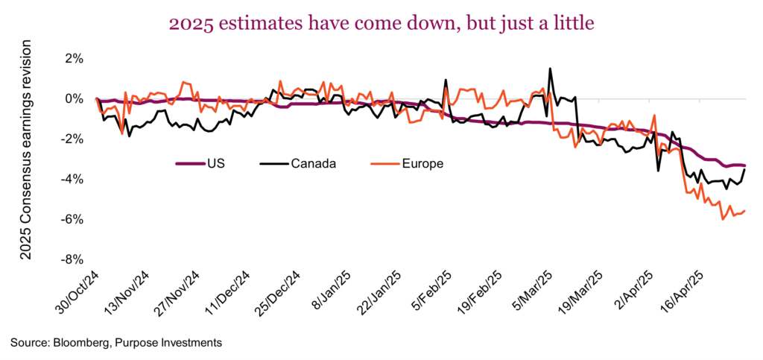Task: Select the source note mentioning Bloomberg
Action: (116, 342)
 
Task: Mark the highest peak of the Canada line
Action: (550, 69)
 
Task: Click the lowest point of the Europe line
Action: (722, 219)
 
